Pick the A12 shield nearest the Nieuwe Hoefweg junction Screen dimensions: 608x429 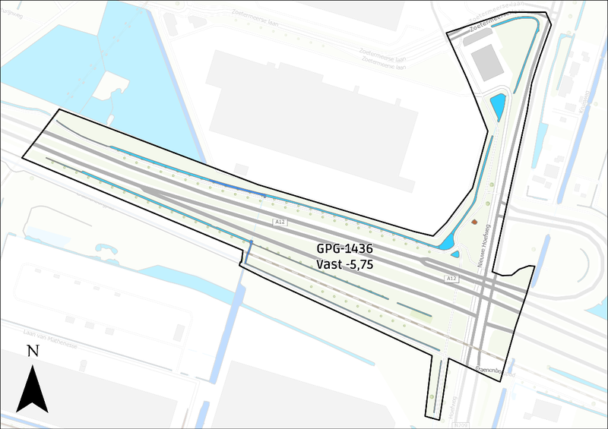(452, 279)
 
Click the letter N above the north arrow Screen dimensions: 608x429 (33, 351)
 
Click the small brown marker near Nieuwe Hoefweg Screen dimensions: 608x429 (475, 222)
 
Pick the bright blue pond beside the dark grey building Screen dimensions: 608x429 (498, 106)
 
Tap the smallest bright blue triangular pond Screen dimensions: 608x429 (454, 254)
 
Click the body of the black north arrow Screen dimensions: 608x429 (32, 391)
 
